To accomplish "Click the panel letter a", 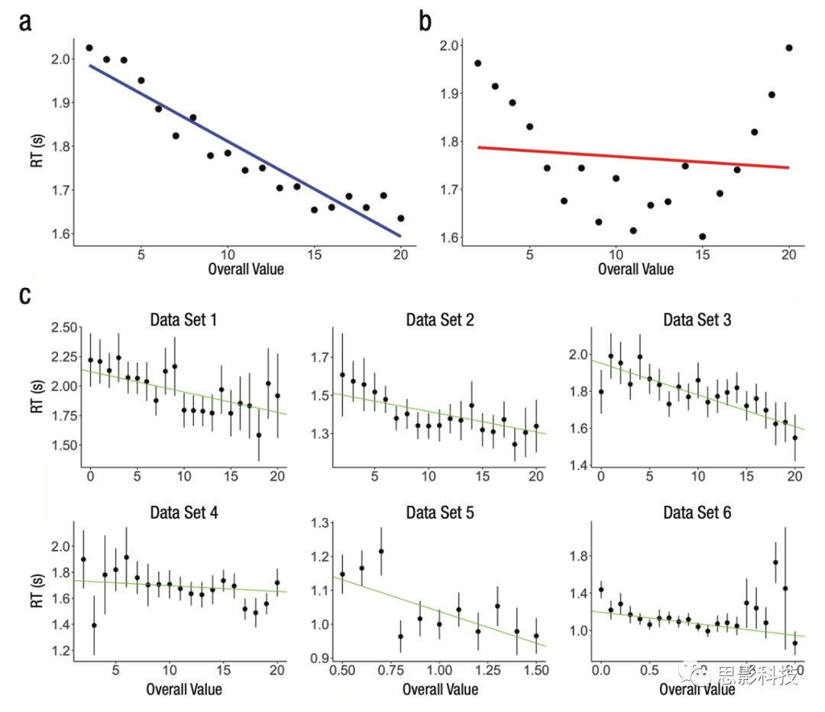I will [25, 22].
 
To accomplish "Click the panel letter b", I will [425, 22].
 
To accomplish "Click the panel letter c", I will [25, 295].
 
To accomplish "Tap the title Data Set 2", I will [440, 319].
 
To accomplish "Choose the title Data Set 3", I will [697, 319].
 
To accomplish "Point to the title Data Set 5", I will [440, 512].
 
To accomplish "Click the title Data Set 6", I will [697, 512].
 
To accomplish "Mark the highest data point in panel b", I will [788, 47].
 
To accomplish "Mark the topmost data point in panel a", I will [89, 48].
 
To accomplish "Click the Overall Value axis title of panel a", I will [245, 269].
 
